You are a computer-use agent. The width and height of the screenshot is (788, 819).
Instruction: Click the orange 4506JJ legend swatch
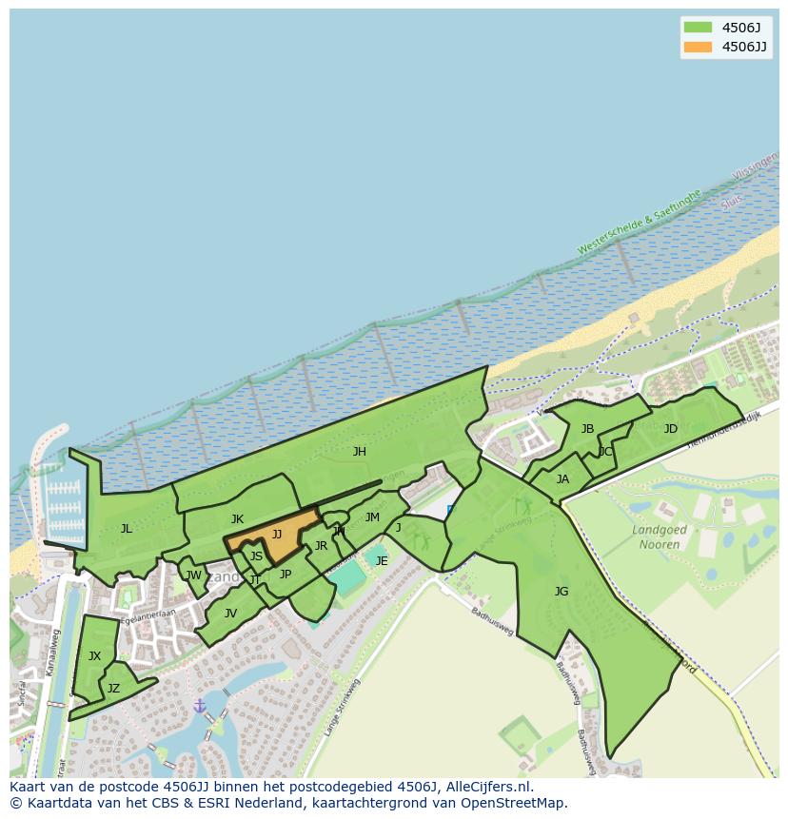(x=698, y=47)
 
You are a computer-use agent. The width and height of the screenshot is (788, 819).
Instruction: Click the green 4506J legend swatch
(x=698, y=27)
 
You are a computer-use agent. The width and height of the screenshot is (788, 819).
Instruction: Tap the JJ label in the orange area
(x=277, y=535)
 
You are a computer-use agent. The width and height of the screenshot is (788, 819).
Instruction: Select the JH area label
(x=359, y=452)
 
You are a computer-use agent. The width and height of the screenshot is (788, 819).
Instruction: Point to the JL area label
(x=126, y=529)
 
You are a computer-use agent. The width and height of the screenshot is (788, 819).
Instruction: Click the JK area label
(x=237, y=519)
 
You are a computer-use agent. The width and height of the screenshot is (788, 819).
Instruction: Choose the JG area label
(x=561, y=592)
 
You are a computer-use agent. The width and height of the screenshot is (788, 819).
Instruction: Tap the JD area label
(x=671, y=429)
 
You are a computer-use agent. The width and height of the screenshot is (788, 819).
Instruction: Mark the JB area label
(x=587, y=429)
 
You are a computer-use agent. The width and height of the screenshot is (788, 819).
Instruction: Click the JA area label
(x=562, y=479)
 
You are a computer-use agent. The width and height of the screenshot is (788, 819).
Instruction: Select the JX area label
(x=94, y=656)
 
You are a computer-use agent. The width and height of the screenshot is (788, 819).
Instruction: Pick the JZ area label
(x=113, y=689)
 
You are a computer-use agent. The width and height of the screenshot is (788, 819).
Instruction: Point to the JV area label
(x=230, y=614)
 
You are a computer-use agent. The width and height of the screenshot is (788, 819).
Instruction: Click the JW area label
(x=193, y=575)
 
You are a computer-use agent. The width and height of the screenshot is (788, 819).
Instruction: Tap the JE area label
(x=382, y=561)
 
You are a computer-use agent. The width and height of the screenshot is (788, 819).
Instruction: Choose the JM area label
(x=372, y=518)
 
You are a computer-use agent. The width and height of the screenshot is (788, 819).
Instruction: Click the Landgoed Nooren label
(x=656, y=537)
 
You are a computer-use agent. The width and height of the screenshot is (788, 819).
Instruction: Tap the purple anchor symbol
(x=199, y=706)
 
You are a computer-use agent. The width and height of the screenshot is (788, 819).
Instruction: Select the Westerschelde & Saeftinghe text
(x=639, y=222)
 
